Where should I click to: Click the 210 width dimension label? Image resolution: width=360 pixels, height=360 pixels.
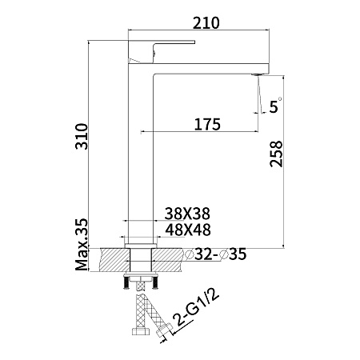pyautogui.click(x=206, y=23)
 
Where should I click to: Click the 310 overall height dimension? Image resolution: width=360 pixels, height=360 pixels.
pyautogui.click(x=82, y=136)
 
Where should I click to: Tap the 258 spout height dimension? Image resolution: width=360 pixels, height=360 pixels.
pyautogui.click(x=276, y=154)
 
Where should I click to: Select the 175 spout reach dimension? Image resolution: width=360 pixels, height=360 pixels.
pyautogui.click(x=207, y=125)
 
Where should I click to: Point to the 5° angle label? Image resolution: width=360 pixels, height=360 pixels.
pyautogui.click(x=275, y=106)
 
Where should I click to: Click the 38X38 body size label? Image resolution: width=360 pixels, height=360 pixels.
pyautogui.click(x=187, y=214)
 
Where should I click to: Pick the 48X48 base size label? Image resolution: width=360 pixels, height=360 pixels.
pyautogui.click(x=188, y=230)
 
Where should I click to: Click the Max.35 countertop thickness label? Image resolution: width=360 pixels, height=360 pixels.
pyautogui.click(x=82, y=245)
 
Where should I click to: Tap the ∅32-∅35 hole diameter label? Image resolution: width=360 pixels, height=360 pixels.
pyautogui.click(x=216, y=254)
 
